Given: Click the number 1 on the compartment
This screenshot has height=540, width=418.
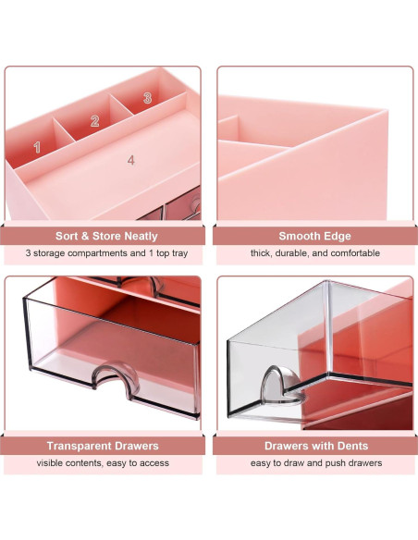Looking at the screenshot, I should (37, 146).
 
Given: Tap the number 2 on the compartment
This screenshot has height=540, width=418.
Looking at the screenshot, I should (94, 121).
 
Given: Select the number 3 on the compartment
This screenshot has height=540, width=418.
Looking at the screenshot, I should (146, 98).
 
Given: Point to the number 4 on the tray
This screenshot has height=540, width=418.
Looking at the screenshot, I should (131, 160).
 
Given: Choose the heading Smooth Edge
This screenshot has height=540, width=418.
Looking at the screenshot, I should (314, 236).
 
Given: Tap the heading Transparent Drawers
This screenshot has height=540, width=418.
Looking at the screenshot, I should (103, 446).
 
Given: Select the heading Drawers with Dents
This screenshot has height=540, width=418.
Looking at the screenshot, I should (314, 446).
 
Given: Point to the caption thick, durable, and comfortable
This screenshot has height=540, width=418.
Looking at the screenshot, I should (314, 253).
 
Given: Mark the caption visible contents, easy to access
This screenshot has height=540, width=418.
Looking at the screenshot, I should (103, 462).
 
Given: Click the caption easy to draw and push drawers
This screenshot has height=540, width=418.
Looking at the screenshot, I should (314, 462).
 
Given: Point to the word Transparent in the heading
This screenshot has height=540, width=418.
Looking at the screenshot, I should (80, 446).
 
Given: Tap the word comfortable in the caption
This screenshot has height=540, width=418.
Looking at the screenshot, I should (352, 253).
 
